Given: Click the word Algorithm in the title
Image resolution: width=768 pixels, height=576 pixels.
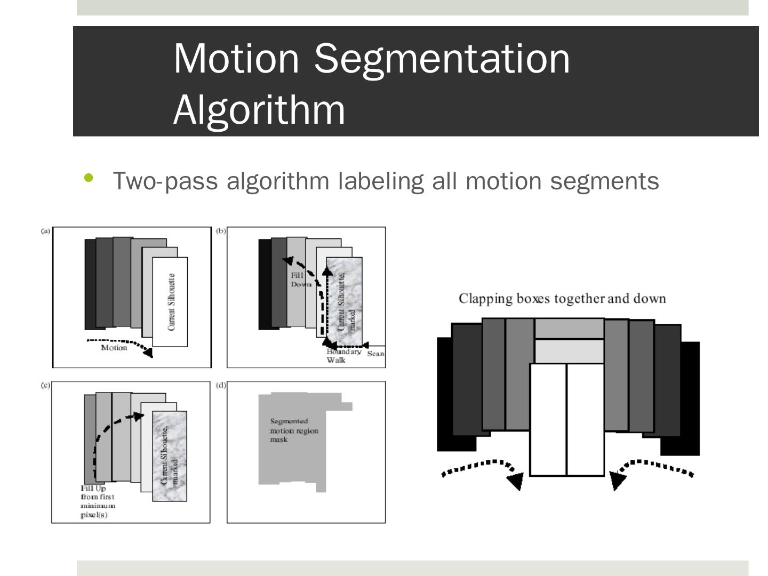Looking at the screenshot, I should tap(259, 109).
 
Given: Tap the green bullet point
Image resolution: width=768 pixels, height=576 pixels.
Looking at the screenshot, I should tap(89, 178).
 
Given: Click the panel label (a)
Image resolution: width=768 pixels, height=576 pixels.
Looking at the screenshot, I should tap(46, 231).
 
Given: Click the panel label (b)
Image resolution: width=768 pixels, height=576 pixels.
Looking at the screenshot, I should tap(221, 231).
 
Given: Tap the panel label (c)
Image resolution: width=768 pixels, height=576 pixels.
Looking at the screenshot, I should tap(46, 385).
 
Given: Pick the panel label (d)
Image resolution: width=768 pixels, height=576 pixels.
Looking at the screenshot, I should tap(221, 385).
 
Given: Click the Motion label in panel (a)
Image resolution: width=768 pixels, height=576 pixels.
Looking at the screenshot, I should tap(114, 348).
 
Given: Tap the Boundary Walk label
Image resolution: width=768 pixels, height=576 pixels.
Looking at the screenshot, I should tap(343, 356).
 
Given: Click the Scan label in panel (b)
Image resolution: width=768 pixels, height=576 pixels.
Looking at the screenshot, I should tap(376, 354).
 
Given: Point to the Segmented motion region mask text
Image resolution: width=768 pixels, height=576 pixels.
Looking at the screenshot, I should tap(293, 430).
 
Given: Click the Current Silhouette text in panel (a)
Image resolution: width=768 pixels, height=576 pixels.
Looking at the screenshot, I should tap(171, 302).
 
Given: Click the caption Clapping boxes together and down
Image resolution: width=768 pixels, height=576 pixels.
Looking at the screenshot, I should tap(562, 298).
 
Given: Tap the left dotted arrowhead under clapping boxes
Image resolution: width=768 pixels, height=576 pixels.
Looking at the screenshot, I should tap(515, 481).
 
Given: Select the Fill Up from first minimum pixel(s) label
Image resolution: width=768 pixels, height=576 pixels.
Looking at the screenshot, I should tap(98, 501).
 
